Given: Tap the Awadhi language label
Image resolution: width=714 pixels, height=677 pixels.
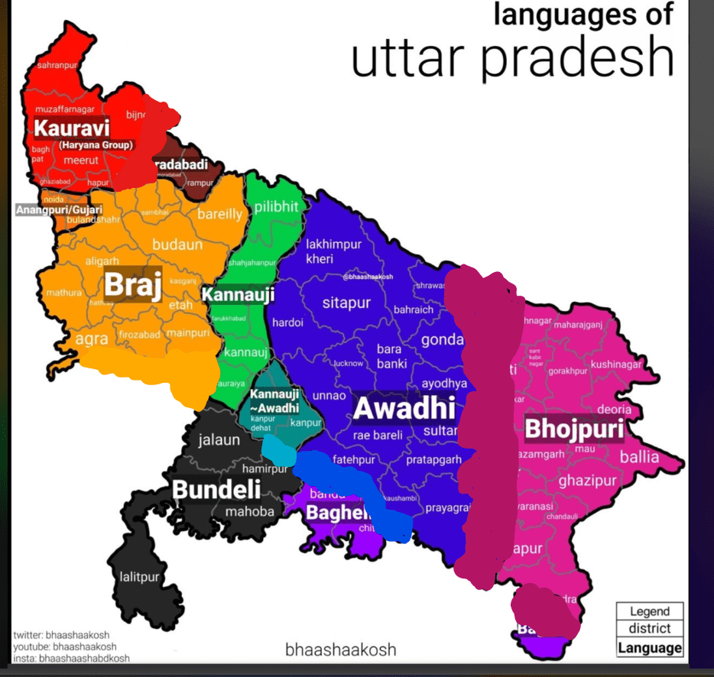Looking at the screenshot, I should tap(404, 409).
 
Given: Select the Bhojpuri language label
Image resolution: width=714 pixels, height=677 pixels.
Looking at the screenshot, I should tap(573, 429).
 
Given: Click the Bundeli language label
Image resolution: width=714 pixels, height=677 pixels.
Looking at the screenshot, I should tap(216, 490).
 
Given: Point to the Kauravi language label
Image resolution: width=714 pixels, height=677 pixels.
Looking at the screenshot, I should tap(71, 128).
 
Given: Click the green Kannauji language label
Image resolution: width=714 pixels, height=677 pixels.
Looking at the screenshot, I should tap(238, 294).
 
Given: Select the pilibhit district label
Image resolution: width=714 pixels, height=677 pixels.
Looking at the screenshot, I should tap(276, 206).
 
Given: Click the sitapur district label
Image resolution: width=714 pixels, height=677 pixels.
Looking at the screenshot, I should tap(346, 303).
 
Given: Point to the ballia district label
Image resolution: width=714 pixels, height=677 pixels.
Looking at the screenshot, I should tap(638, 457).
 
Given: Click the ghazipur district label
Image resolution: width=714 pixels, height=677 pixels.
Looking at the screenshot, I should tap(586, 481).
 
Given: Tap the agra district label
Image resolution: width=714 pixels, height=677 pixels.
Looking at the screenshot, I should tap(91, 337).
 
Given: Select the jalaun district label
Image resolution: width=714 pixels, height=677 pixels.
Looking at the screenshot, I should tap(219, 440).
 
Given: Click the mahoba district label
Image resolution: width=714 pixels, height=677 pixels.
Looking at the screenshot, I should tap(248, 511).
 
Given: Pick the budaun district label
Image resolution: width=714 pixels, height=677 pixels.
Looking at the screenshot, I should tap(177, 245).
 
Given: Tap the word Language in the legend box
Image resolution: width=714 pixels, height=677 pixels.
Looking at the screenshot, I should tap(649, 648).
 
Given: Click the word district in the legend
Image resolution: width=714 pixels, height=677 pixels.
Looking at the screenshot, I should tap(649, 628).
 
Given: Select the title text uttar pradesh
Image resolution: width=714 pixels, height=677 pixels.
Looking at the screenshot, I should tap(511, 57).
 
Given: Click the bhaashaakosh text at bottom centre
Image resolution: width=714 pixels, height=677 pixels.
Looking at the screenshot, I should tap(340, 650).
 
